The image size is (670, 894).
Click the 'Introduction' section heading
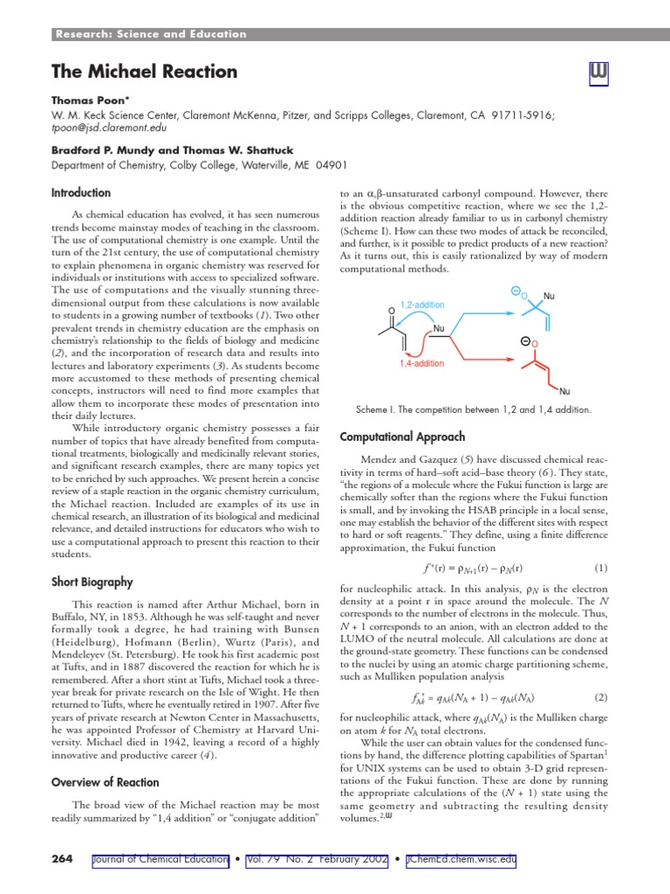[80, 193]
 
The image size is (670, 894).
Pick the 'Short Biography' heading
[92, 581]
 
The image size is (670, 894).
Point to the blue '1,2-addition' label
[421, 306]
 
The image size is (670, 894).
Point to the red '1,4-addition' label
[421, 363]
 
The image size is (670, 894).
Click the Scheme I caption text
[474, 409]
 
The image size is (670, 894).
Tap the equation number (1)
[599, 567]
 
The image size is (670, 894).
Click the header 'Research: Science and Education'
[151, 34]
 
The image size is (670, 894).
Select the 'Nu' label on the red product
[565, 391]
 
